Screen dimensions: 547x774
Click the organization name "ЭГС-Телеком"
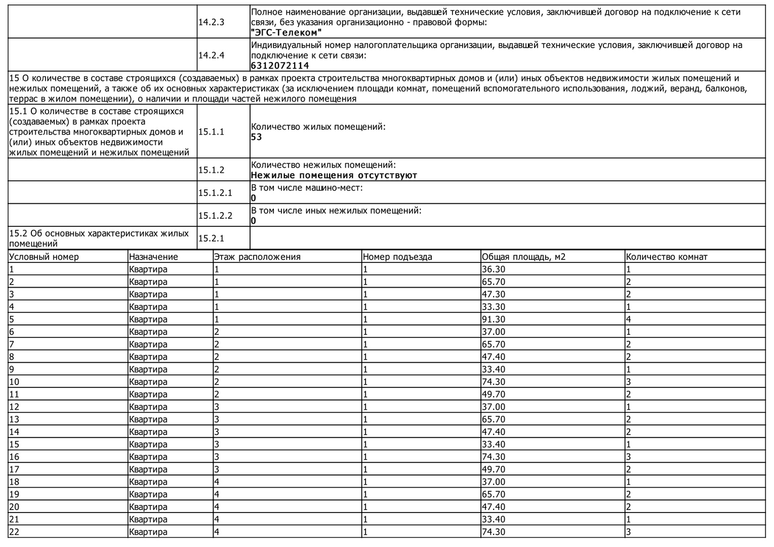(287, 32)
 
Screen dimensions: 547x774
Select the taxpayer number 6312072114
(280, 65)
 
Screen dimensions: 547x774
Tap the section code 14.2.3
(211, 22)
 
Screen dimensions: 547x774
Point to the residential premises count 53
(257, 137)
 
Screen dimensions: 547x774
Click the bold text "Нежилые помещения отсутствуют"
(334, 175)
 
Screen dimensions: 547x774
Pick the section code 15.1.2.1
(215, 192)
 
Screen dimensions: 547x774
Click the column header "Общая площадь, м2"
(523, 257)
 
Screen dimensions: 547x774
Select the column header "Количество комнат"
(666, 257)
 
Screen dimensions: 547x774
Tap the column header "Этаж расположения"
(257, 257)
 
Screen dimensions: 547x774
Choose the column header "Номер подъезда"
(397, 257)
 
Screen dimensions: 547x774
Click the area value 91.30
(493, 319)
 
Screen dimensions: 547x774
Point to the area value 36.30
(493, 269)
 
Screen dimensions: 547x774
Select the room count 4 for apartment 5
(629, 319)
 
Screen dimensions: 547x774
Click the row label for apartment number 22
(14, 532)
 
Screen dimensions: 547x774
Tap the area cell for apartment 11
(493, 394)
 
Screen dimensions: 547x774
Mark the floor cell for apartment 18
(217, 482)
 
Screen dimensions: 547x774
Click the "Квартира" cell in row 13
(148, 419)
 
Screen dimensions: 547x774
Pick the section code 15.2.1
(211, 238)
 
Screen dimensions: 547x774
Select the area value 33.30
(493, 307)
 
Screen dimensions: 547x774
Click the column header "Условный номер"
(44, 257)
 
